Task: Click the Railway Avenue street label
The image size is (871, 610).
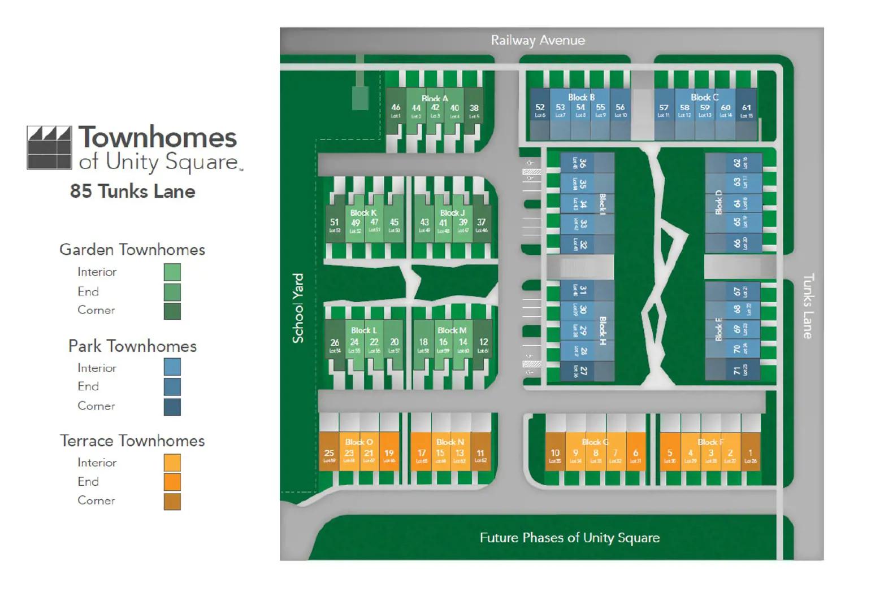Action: click(x=538, y=40)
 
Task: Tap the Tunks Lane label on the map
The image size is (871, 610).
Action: click(x=808, y=306)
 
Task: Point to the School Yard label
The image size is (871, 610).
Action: click(x=298, y=308)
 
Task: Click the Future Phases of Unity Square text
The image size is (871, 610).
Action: click(x=569, y=537)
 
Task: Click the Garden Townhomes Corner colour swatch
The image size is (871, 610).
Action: click(x=172, y=311)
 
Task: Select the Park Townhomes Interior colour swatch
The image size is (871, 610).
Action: click(x=172, y=367)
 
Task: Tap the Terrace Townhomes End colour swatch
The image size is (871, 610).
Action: click(x=172, y=482)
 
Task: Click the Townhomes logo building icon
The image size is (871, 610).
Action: click(x=50, y=148)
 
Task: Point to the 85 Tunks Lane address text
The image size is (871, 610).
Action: click(x=133, y=191)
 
